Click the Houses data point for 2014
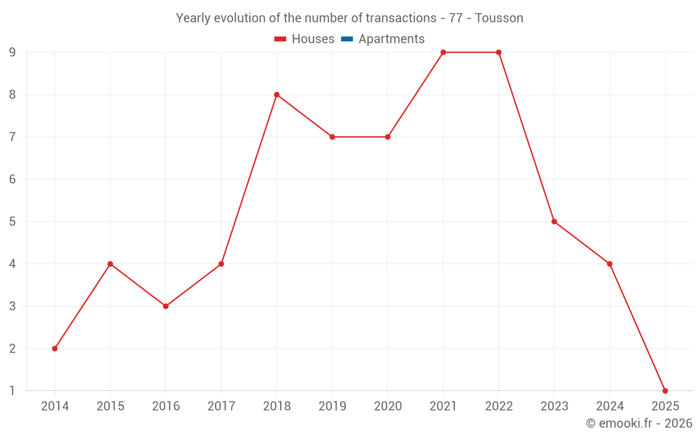coord(55,348)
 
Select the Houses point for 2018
coord(276,95)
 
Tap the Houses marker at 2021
coord(443,53)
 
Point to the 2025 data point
coord(665,390)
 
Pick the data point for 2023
coord(554,221)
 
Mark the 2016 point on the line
coord(166,306)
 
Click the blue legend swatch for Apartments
coord(347,39)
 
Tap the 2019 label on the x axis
coord(332,406)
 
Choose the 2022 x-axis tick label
coord(498,406)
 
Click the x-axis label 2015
coord(110,406)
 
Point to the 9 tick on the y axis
coord(12,53)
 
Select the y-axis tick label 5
coord(12,221)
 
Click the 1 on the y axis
coord(12,390)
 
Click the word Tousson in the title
coord(499,18)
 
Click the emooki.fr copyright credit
coord(638,423)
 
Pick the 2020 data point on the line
coord(388,137)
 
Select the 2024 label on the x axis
coord(610,406)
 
